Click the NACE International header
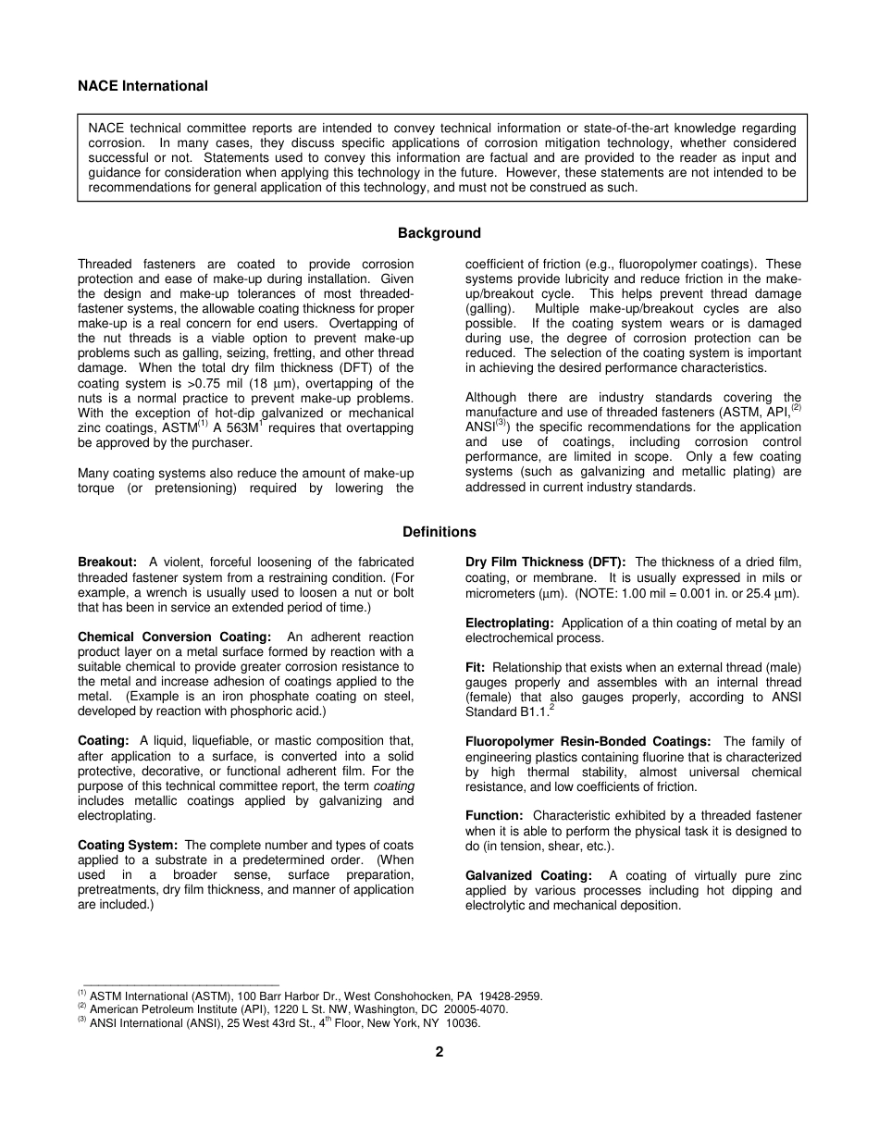pos(142,86)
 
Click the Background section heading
pos(439,233)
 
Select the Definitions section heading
pos(439,532)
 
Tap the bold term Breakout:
pos(107,563)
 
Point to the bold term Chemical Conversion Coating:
pos(174,637)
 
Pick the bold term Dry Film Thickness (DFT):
pos(546,563)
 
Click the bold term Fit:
pos(477,668)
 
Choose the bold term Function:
pos(494,816)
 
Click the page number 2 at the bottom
pos(439,1052)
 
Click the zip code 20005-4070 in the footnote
pos(477,1010)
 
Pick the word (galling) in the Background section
pos(489,309)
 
